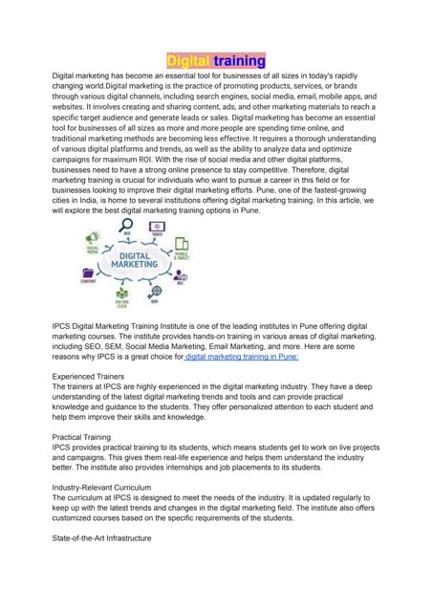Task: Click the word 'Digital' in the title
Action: coord(188,60)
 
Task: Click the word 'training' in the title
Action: coord(239,60)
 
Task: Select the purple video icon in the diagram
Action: coord(155,221)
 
